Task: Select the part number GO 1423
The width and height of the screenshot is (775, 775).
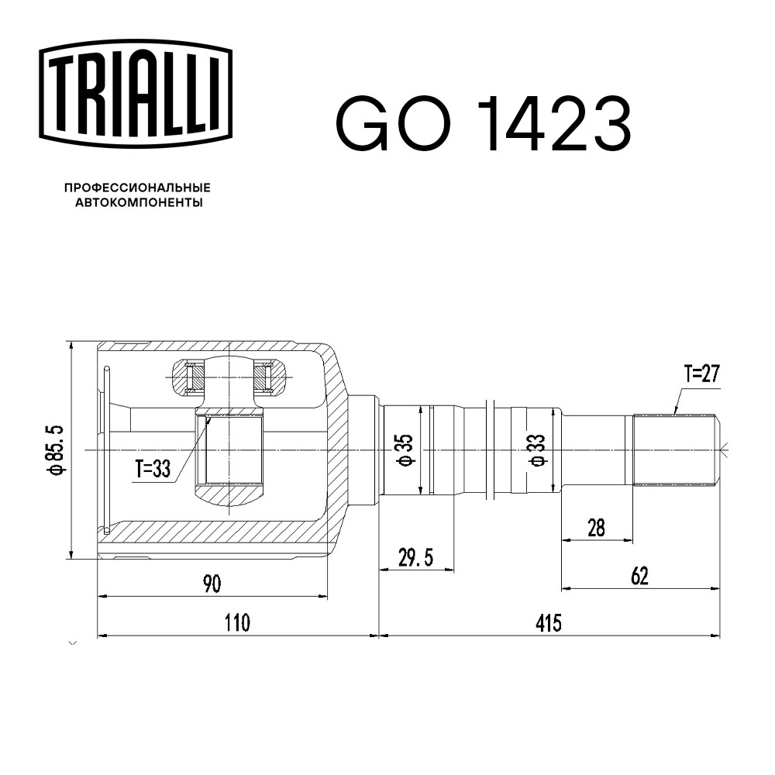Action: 482,124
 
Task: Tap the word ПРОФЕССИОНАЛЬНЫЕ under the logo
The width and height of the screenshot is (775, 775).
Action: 137,188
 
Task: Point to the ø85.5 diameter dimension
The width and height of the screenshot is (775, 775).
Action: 54,450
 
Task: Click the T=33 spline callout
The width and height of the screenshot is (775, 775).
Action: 152,469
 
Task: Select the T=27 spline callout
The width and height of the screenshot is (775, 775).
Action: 701,375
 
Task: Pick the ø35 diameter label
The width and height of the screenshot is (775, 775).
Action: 405,450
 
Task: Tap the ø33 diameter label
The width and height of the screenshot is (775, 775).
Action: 536,450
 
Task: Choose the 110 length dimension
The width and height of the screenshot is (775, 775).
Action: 237,622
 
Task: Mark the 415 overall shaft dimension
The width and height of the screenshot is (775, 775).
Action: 548,622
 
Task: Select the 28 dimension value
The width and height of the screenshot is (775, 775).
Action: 596,528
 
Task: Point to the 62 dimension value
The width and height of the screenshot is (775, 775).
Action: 639,576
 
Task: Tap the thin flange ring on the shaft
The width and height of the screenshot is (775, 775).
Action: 491,450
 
